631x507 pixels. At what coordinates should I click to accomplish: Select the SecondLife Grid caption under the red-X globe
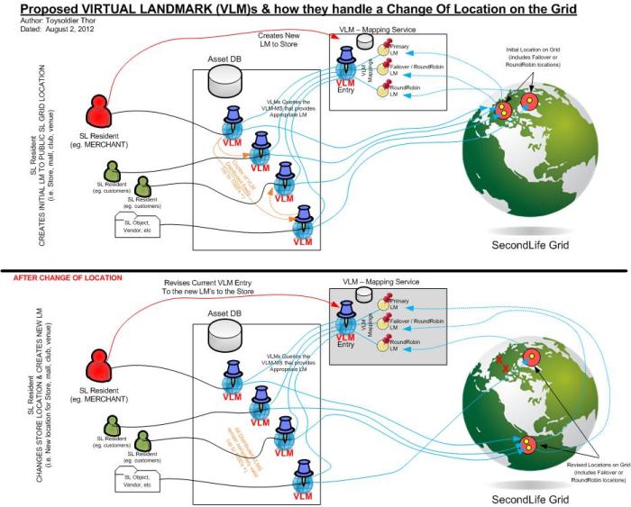click(x=530, y=498)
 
